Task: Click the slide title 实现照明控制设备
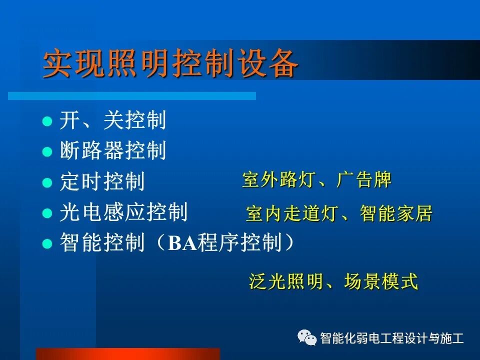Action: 170,64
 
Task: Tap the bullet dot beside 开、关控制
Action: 47,121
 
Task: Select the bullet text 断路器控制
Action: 112,150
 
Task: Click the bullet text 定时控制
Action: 102,181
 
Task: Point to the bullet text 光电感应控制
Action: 123,212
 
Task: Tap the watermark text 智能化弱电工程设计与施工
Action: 391,338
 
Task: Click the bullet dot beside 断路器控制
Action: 47,151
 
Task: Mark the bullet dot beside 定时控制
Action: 47,182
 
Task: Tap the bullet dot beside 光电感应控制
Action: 47,213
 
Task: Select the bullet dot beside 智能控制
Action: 47,244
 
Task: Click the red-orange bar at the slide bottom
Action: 127,354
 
